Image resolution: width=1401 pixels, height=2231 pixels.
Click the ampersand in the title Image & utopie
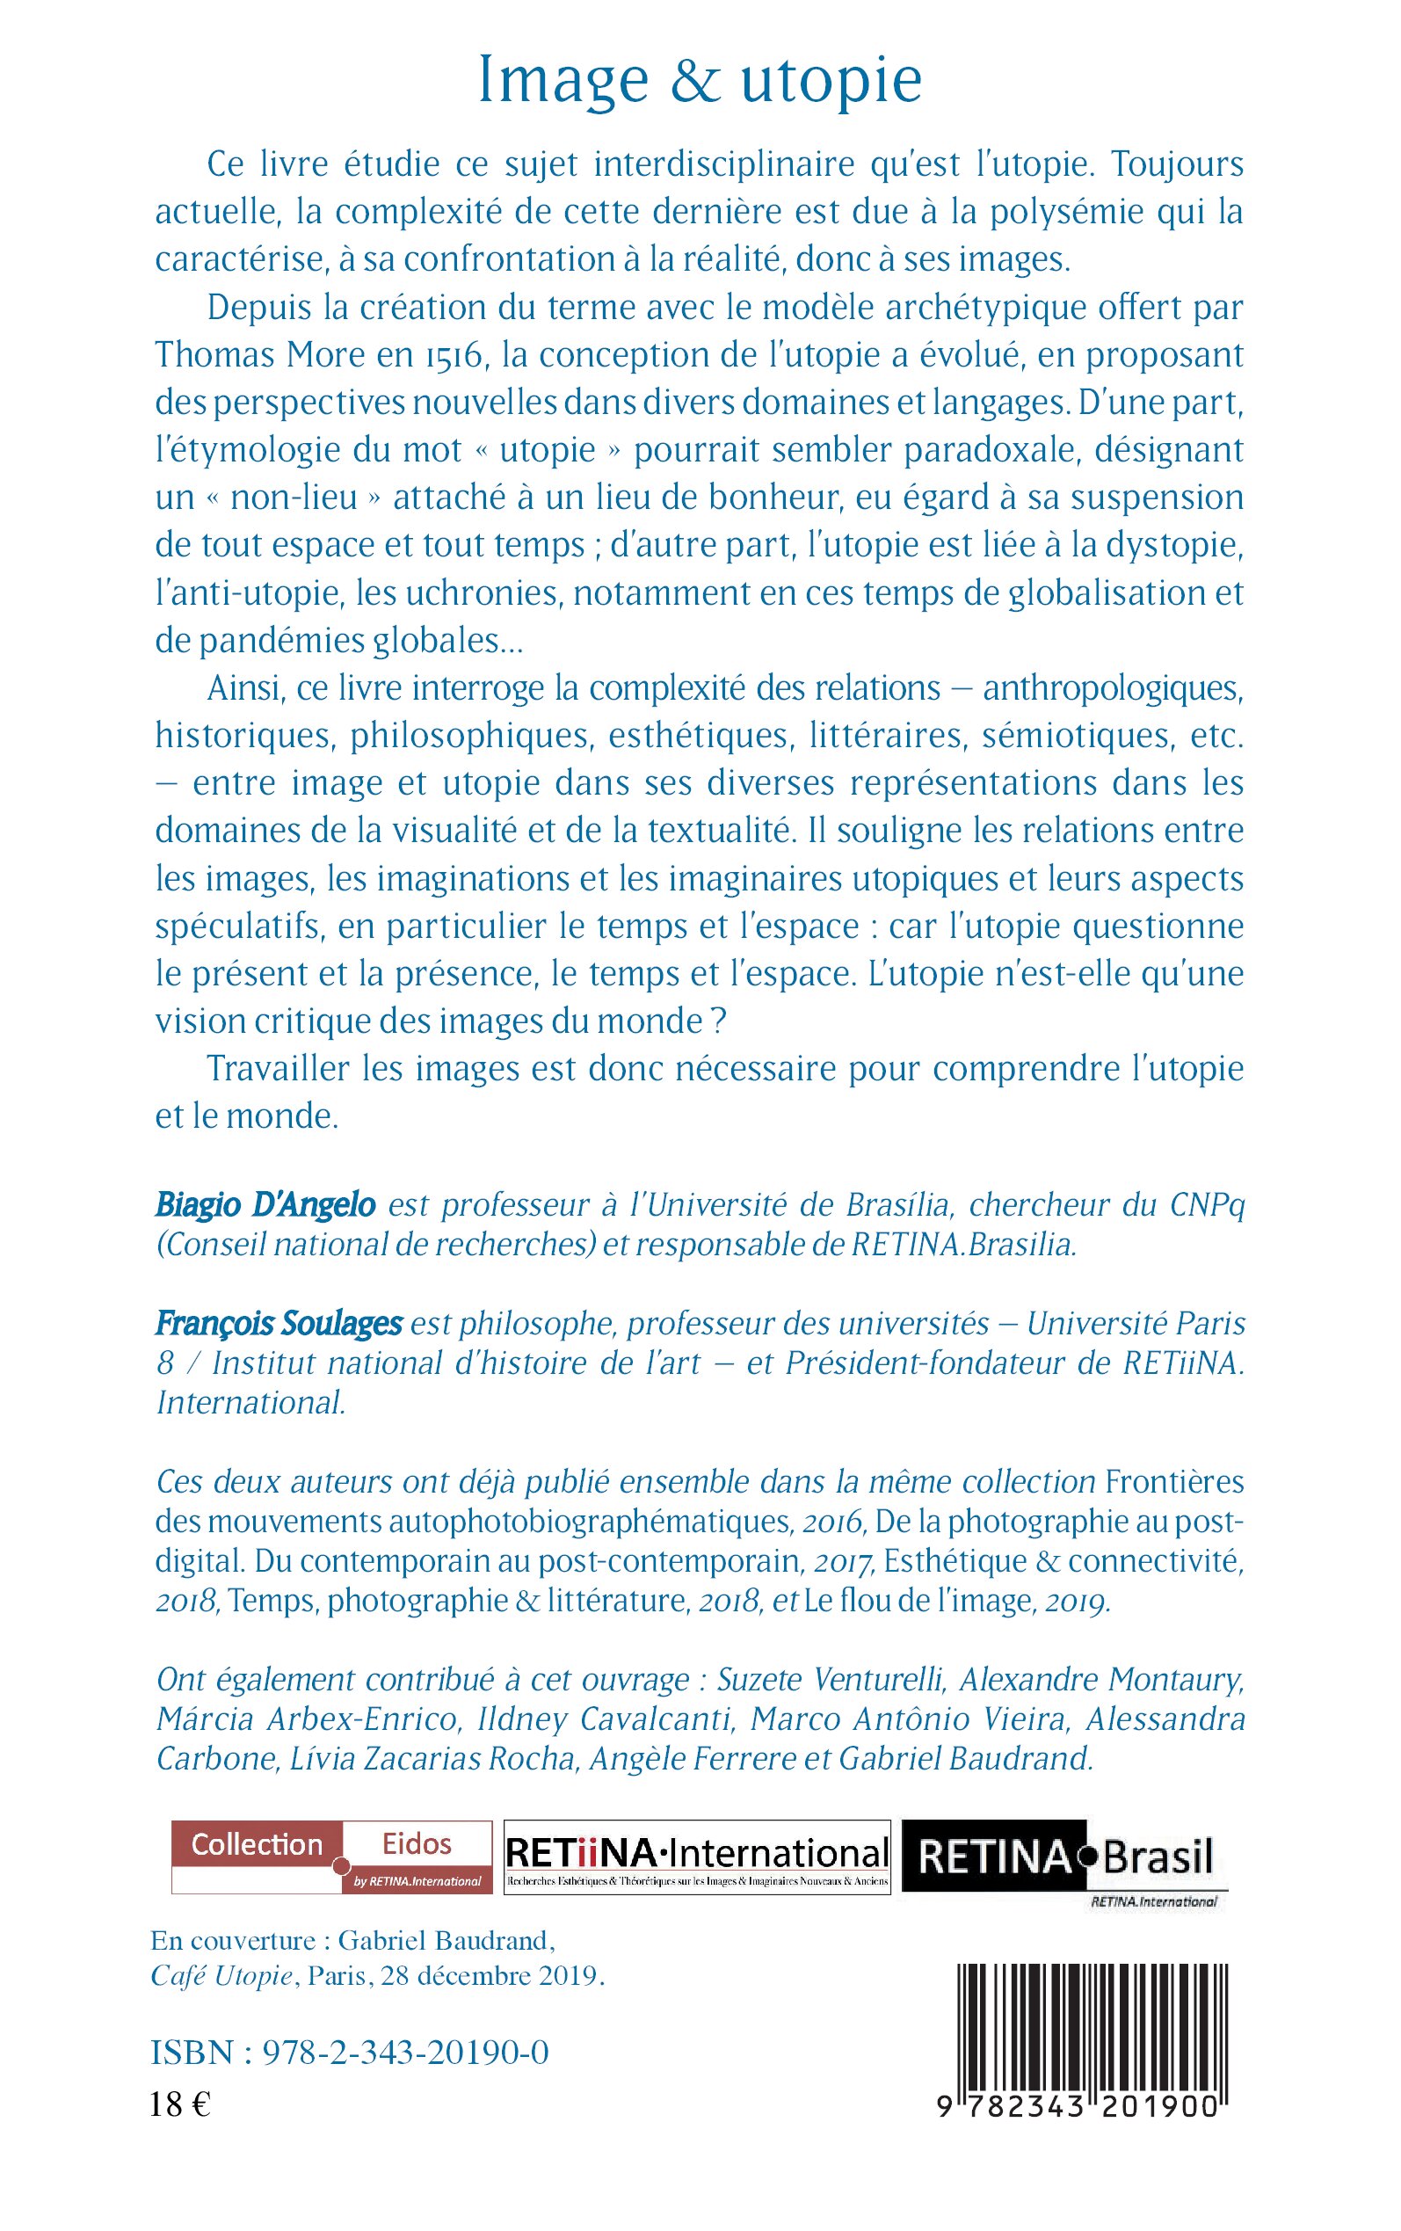(695, 82)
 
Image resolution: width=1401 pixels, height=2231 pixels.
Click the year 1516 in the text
(454, 356)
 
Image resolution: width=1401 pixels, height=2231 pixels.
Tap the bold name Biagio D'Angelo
(265, 1205)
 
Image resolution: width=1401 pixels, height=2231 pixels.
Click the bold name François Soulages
(278, 1323)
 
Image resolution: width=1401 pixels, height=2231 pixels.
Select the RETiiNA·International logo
(697, 1856)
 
